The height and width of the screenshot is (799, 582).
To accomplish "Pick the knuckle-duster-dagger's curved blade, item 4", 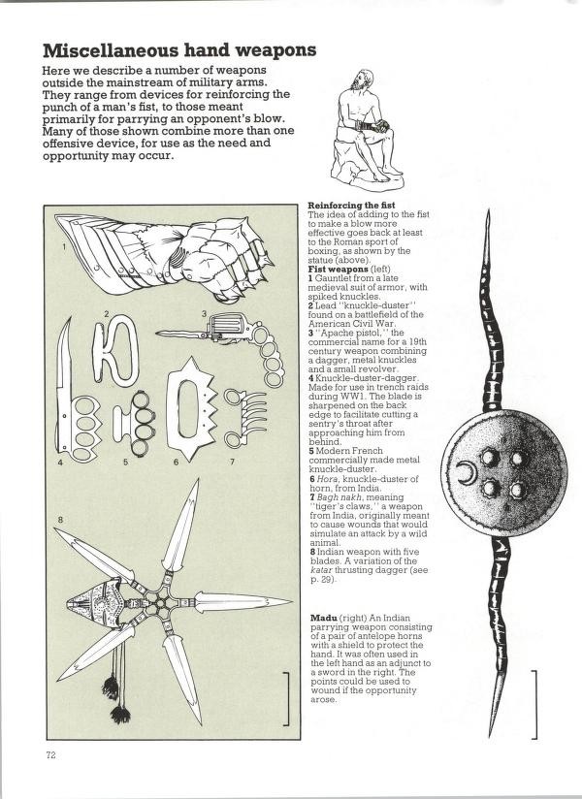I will [65, 388].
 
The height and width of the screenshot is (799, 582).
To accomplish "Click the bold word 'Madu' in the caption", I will [322, 618].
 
